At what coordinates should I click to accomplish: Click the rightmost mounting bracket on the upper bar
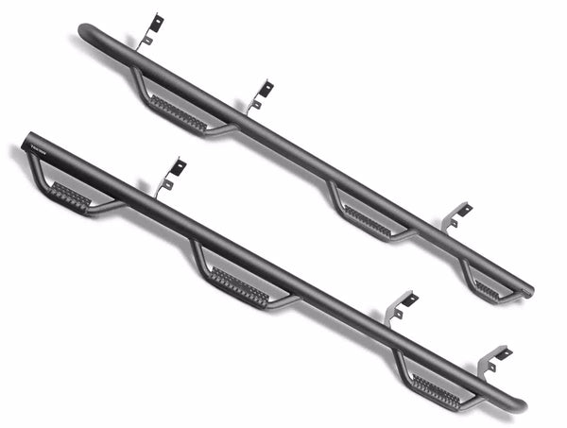[458, 215]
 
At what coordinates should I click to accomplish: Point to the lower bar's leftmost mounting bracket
[172, 176]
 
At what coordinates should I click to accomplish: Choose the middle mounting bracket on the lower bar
[401, 307]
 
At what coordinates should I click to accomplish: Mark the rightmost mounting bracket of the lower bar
[494, 360]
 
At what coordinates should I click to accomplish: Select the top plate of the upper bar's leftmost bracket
[156, 21]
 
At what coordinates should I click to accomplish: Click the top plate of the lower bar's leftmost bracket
[178, 166]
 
